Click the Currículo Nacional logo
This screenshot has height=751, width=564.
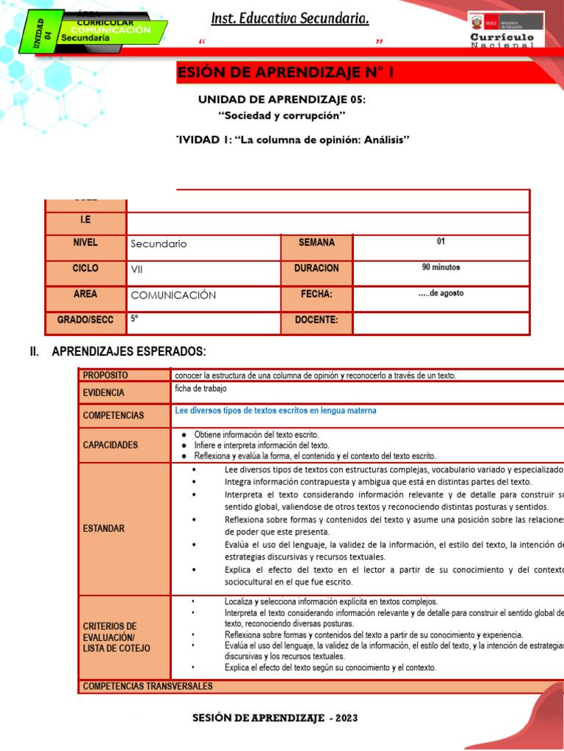[x=505, y=30]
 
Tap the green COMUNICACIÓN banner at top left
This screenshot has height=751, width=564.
[x=110, y=31]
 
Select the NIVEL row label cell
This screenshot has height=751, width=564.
[x=85, y=243]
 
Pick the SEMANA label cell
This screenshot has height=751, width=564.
[x=317, y=243]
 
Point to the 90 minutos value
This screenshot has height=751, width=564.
[x=441, y=268]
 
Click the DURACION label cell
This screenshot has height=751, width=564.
[x=317, y=268]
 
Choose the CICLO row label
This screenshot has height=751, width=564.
[x=85, y=268]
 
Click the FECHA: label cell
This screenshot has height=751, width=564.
[x=317, y=294]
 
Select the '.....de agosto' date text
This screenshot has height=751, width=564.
[x=441, y=293]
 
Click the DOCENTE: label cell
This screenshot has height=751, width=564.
[x=317, y=320]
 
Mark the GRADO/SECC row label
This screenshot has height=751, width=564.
[x=85, y=320]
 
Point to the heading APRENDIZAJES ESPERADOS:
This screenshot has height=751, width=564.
[x=129, y=352]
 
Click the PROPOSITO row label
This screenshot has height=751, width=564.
[x=105, y=375]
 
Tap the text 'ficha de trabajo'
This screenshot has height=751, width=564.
[x=200, y=389]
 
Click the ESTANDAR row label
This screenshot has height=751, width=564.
[x=104, y=528]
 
